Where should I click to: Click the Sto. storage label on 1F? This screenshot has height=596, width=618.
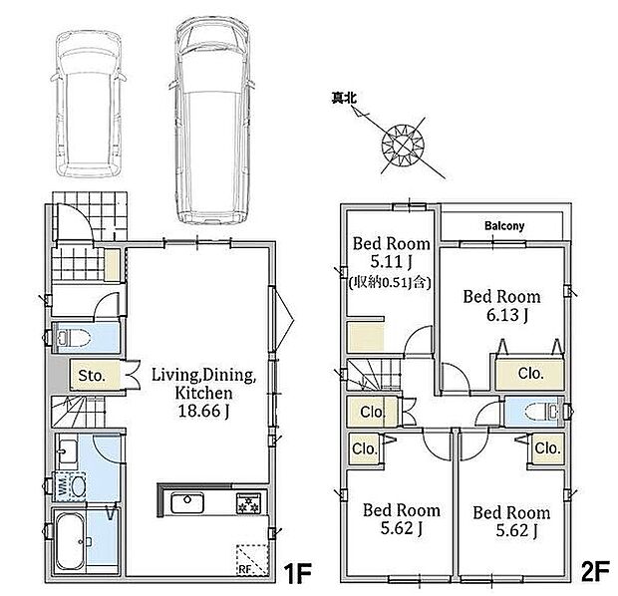(x=92, y=376)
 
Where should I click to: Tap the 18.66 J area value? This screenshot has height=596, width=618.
(x=203, y=411)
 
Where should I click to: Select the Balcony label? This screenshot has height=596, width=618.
(x=504, y=226)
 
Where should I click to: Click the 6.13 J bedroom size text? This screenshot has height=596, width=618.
(x=507, y=315)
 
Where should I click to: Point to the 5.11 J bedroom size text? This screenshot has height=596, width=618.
(x=392, y=261)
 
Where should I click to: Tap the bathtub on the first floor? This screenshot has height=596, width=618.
(x=70, y=540)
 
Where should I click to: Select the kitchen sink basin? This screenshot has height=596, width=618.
(x=187, y=503)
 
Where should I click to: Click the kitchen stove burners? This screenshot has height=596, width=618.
(x=249, y=503)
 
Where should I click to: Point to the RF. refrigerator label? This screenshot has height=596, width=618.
(x=245, y=569)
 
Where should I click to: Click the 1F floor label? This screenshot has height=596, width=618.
(x=298, y=573)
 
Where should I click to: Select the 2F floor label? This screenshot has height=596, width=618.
(x=595, y=572)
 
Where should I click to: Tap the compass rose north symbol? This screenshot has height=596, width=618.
(x=403, y=145)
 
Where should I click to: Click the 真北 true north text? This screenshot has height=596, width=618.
(x=344, y=98)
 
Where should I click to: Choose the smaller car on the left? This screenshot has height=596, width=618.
(x=89, y=104)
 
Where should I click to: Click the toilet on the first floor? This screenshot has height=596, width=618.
(x=74, y=338)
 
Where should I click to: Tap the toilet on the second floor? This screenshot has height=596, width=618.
(x=542, y=412)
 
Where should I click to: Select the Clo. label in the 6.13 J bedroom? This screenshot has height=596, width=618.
(x=531, y=373)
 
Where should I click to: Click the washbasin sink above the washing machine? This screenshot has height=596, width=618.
(x=68, y=451)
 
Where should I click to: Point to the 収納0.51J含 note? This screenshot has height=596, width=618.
(x=390, y=282)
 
